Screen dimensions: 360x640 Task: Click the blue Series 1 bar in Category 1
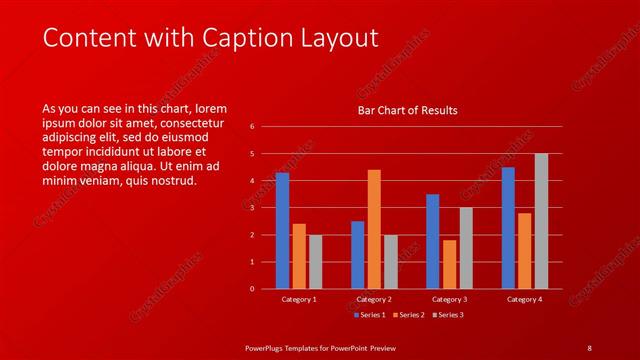282,231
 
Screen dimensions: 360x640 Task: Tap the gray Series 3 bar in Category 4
541,221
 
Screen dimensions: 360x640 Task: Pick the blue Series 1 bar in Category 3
432,241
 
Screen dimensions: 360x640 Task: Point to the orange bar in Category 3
449,264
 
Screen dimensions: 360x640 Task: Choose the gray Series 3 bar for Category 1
315,261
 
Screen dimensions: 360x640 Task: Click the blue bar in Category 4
508,228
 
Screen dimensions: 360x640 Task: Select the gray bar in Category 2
390,261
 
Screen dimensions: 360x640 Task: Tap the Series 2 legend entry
408,315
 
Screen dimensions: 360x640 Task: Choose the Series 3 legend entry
448,315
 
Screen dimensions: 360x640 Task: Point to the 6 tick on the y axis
252,127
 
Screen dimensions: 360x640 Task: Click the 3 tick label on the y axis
252,208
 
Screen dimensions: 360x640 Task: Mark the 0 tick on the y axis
252,289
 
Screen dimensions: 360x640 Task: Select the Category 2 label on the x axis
374,299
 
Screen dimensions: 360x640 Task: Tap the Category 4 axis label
524,299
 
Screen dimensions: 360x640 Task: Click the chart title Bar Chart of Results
408,110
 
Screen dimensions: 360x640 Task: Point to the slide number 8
589,347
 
